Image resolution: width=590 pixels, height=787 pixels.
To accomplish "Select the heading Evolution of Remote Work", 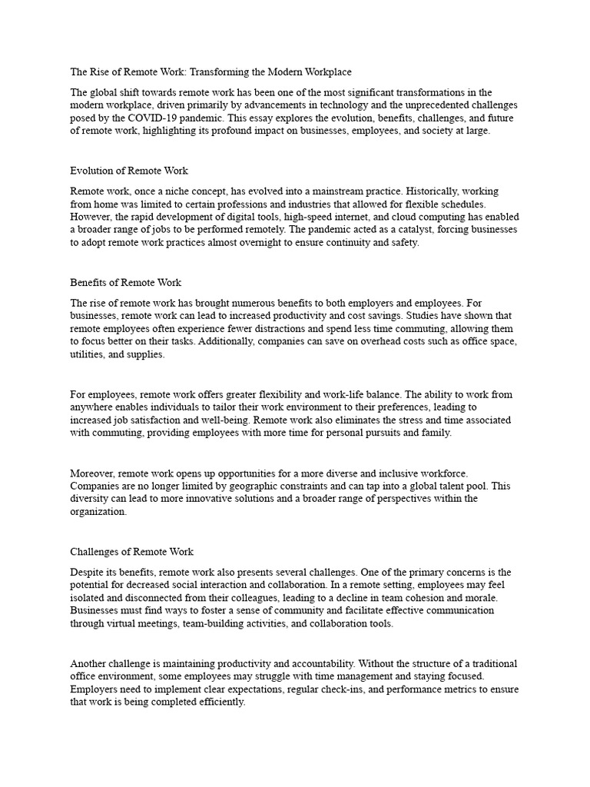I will (129, 171).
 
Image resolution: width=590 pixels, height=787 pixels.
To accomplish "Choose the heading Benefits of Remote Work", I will (126, 283).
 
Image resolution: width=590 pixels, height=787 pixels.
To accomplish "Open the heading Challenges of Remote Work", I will (131, 552).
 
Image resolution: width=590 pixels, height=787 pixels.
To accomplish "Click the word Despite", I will (88, 573).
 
